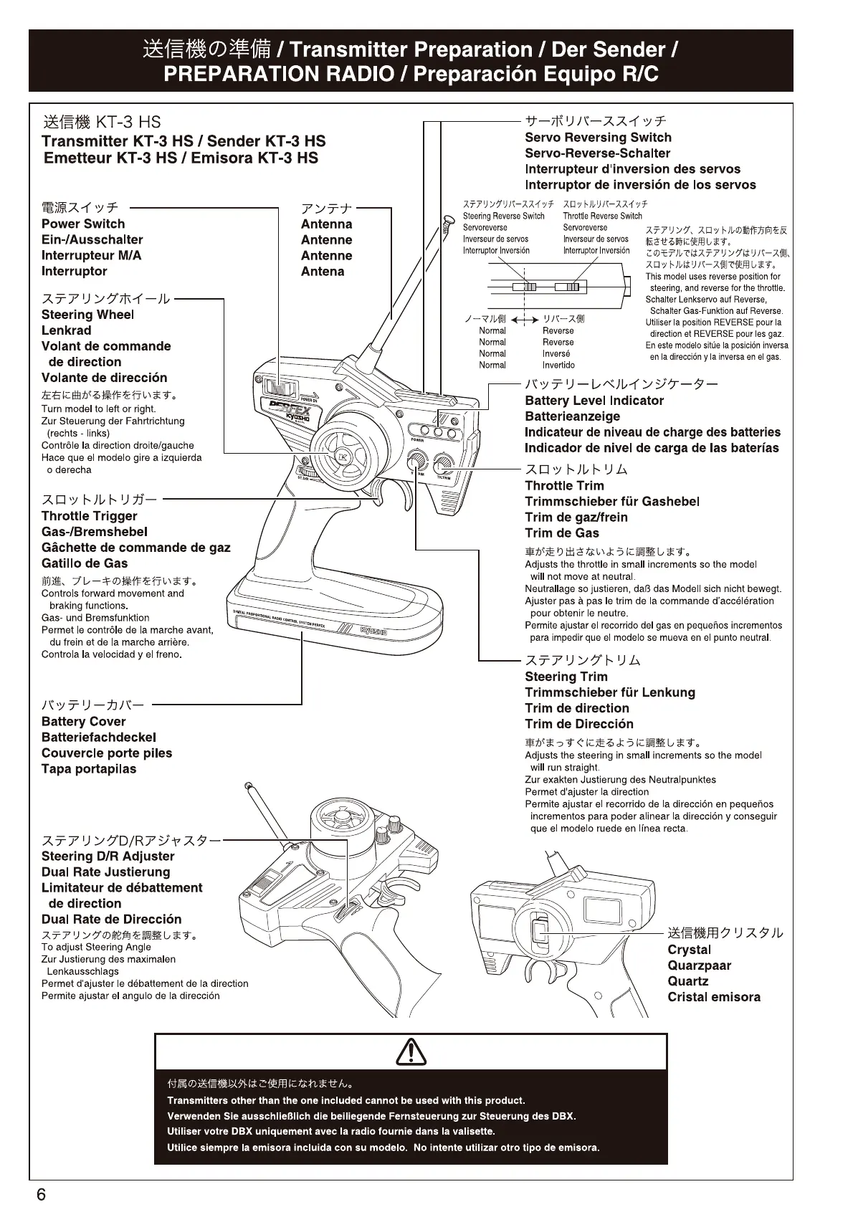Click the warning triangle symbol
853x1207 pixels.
(411, 1051)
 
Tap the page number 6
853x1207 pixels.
(41, 1194)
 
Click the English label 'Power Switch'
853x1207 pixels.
(83, 224)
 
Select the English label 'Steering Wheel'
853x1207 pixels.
(87, 315)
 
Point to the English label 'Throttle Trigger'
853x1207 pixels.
(89, 516)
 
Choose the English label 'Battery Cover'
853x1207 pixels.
(83, 722)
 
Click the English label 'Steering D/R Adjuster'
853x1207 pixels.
(108, 857)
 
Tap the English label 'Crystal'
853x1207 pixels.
(689, 950)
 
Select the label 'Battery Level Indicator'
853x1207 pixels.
(594, 401)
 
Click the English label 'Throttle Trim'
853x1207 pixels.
(564, 486)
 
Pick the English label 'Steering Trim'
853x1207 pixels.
(566, 677)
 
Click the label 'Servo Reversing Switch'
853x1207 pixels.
(598, 138)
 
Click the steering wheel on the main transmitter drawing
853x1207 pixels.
(340, 457)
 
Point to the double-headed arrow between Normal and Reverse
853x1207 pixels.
(526, 320)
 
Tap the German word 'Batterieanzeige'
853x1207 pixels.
(572, 416)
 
